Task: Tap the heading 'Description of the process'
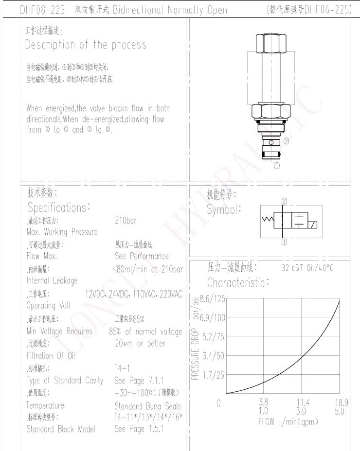(86, 45)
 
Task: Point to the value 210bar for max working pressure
(126, 220)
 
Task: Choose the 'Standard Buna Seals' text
(147, 406)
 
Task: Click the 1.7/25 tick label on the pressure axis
(213, 374)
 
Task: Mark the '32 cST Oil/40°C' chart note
(315, 267)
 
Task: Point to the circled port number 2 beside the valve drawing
(286, 142)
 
